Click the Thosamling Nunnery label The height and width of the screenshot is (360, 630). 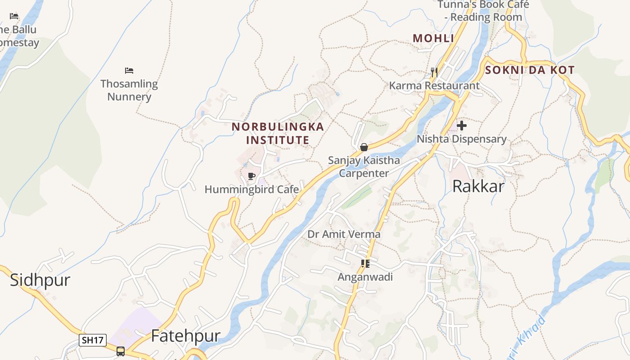pos(129,90)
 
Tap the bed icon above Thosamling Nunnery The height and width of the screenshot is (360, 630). pos(129,71)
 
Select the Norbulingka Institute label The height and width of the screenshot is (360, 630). pos(278,133)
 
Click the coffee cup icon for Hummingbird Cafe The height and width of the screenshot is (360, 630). pos(252,176)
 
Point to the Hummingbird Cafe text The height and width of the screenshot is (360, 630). pos(252,189)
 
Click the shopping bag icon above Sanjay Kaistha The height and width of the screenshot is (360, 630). pos(364,147)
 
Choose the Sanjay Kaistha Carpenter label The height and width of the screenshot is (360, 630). pos(364,166)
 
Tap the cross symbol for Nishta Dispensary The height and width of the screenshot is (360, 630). pos(461,126)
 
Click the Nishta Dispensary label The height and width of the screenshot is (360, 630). pos(461,139)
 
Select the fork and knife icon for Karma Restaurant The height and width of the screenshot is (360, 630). pos(434,72)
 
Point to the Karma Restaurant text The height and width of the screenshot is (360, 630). pos(434,85)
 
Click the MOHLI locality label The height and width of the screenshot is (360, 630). pos(433,39)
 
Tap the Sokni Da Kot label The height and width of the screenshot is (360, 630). pos(530,70)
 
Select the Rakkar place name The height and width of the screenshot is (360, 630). pos(478,186)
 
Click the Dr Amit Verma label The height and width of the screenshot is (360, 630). pos(344,234)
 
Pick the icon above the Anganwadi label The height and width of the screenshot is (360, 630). pos(365,264)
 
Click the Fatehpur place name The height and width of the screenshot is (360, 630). pos(185,336)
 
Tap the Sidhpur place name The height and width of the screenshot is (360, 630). pos(40,280)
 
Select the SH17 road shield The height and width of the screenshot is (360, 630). pos(93,340)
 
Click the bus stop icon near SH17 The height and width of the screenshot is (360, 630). pos(121,351)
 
